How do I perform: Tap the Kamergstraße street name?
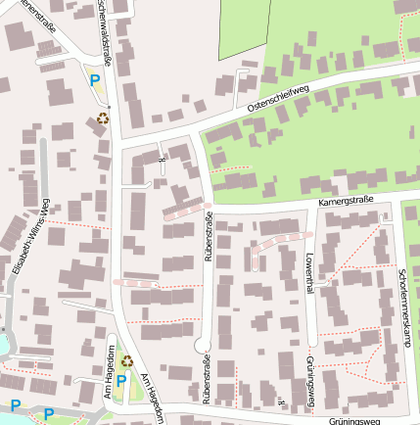348,203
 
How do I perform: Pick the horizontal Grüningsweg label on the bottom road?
354,419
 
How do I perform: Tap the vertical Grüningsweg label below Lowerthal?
310,379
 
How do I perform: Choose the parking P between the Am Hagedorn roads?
121,381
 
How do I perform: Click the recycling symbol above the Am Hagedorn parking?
126,360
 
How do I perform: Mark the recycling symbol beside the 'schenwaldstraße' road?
103,119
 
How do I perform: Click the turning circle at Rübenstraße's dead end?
203,345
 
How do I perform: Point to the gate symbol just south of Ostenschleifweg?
163,155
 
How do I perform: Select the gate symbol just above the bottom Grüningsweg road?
281,402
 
